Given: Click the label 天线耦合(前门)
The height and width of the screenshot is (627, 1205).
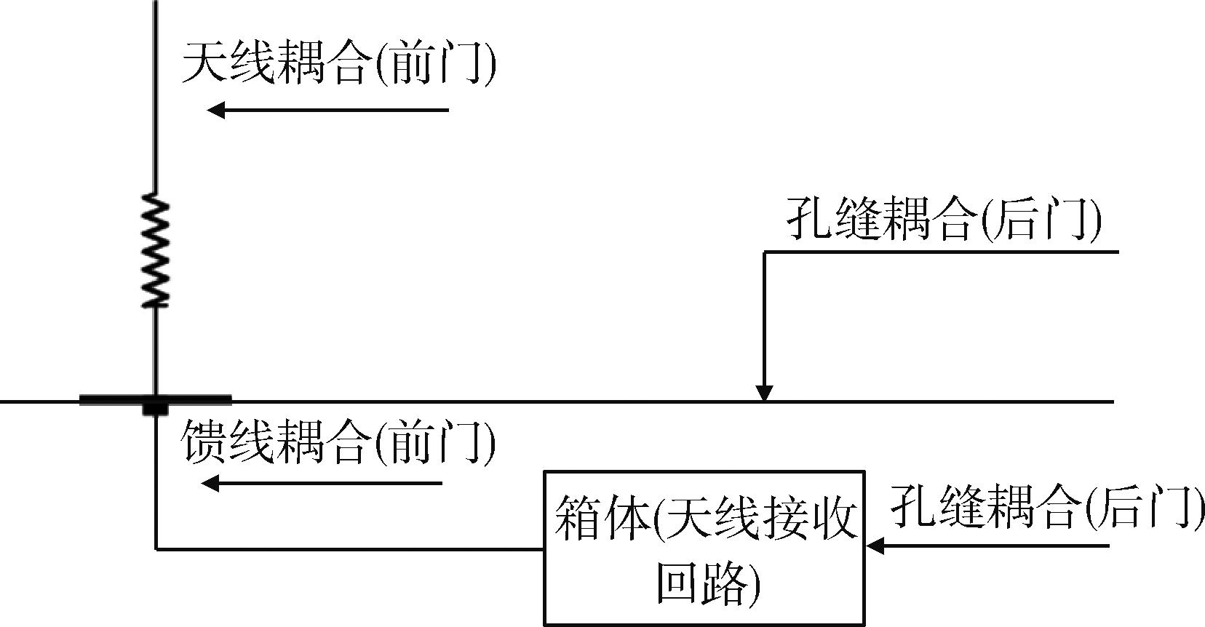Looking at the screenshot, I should coord(339,63).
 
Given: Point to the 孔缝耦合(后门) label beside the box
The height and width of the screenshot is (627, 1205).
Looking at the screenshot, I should coord(1047,506).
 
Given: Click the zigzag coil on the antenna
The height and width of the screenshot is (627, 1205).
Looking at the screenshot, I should coord(155,249).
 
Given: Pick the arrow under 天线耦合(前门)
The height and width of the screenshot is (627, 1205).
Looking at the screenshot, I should coord(327,111).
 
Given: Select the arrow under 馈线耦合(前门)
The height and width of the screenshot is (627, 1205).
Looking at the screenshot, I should coord(322,483).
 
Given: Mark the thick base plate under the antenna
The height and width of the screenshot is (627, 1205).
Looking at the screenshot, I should coord(155,400).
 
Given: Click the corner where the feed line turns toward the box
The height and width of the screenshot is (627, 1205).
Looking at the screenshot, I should coord(156,548).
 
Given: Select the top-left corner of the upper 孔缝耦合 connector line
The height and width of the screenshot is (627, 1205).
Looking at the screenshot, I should coord(765,252).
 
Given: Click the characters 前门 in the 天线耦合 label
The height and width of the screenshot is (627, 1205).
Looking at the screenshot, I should coord(437,63).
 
